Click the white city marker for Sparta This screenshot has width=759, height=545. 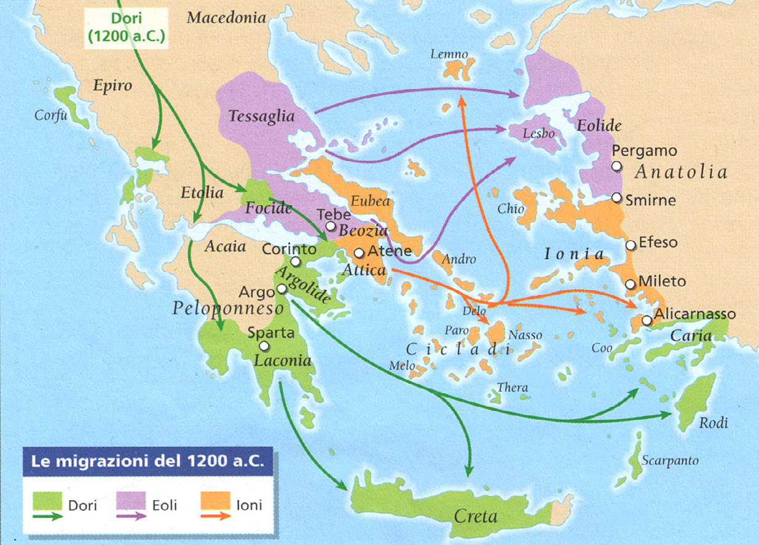264,346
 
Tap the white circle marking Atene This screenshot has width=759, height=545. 360,253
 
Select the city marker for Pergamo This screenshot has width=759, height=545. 616,166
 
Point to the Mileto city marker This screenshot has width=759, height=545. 630,284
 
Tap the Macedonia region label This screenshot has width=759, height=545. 227,17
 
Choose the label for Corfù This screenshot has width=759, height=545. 51,114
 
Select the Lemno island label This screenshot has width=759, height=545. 449,55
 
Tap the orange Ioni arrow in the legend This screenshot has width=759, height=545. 216,516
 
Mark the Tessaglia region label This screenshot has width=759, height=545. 261,116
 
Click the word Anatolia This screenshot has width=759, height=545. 681,173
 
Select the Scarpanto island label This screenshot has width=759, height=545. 670,460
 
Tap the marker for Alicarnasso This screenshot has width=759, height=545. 647,320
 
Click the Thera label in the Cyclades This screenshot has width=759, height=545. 513,388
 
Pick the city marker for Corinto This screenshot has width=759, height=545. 296,262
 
